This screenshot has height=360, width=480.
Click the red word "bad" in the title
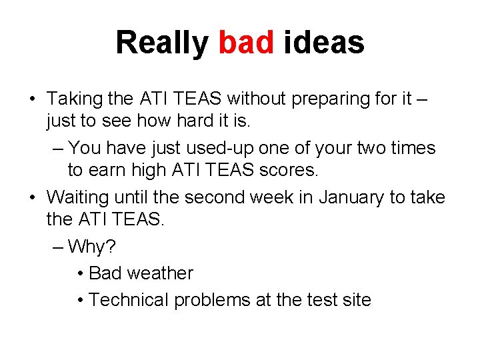pos(246,43)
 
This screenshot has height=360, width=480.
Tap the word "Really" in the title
pos(162,43)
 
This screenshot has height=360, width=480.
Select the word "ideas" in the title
pos(324,43)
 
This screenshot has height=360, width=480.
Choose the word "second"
pos(235,197)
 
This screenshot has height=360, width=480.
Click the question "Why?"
pos(91,247)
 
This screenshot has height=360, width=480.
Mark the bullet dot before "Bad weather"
pos(80,274)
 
